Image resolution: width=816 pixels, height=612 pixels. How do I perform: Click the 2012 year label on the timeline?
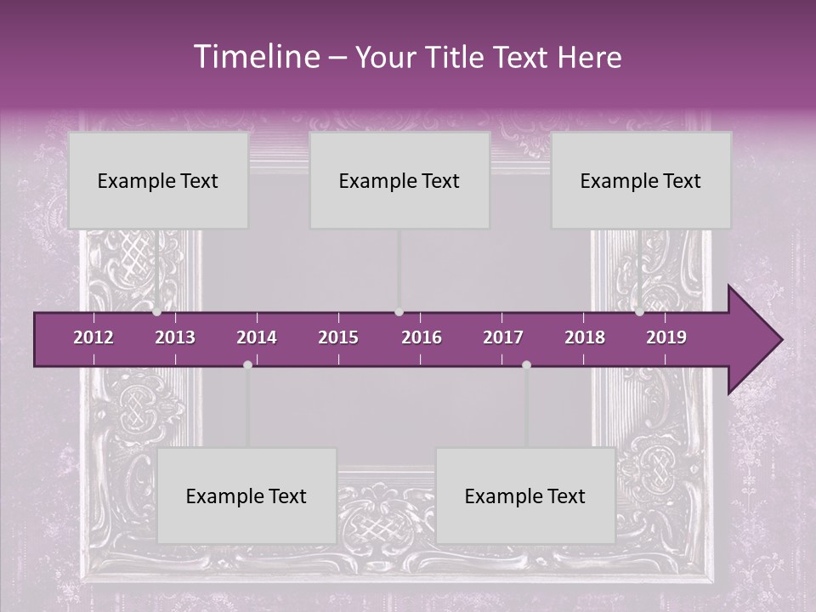click(x=93, y=337)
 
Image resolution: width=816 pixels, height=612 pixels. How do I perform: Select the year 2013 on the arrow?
click(x=175, y=337)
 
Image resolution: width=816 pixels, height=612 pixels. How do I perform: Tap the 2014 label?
click(x=257, y=337)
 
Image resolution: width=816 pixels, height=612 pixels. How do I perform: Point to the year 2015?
click(x=338, y=337)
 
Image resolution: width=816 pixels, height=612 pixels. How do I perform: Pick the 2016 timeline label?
click(x=422, y=337)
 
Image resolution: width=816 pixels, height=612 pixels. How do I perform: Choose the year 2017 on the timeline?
click(x=503, y=337)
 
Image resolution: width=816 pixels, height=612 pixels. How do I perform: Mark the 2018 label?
click(x=585, y=337)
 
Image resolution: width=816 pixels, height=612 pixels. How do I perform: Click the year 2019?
click(x=666, y=337)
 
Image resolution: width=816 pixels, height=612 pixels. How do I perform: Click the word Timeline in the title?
click(x=255, y=57)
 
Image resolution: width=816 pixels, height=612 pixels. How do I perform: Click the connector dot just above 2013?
click(x=157, y=312)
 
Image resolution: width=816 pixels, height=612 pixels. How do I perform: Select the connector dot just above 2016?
click(x=399, y=312)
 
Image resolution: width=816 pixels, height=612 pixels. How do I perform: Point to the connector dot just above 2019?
click(x=639, y=312)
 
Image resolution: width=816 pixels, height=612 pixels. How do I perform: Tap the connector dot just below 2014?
click(x=247, y=365)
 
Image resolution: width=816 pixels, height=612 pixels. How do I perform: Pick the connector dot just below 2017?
click(x=526, y=365)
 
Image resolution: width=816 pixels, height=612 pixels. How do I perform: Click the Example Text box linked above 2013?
click(x=158, y=180)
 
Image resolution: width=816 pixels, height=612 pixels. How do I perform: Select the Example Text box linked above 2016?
click(x=399, y=180)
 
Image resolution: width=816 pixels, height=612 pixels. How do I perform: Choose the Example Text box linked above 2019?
click(x=641, y=180)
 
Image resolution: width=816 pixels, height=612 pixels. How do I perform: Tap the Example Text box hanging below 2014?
click(x=246, y=496)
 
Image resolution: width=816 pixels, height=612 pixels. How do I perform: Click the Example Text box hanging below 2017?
click(x=525, y=496)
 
